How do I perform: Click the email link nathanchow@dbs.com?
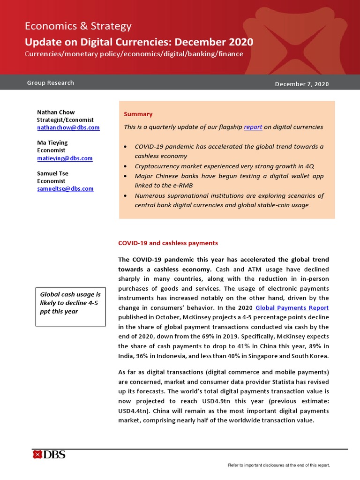tap(68, 127)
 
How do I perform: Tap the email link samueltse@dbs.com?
tap(65, 189)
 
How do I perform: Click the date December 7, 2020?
tap(301, 84)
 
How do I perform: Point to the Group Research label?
tap(51, 83)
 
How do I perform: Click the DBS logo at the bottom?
tap(49, 454)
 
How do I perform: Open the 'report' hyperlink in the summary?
tap(253, 127)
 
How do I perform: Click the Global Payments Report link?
tap(292, 307)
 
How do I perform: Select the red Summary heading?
tap(138, 114)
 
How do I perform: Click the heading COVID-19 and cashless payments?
tap(168, 243)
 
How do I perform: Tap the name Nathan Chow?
tap(56, 112)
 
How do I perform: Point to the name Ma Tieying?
tap(52, 143)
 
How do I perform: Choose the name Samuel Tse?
tap(53, 174)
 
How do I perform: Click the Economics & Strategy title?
tap(78, 26)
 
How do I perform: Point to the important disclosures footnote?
tap(278, 465)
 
